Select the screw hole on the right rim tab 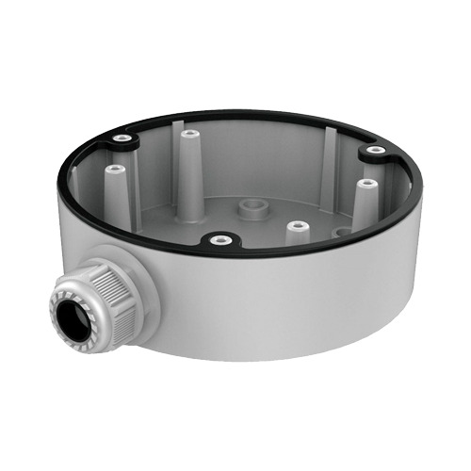click(376, 150)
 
